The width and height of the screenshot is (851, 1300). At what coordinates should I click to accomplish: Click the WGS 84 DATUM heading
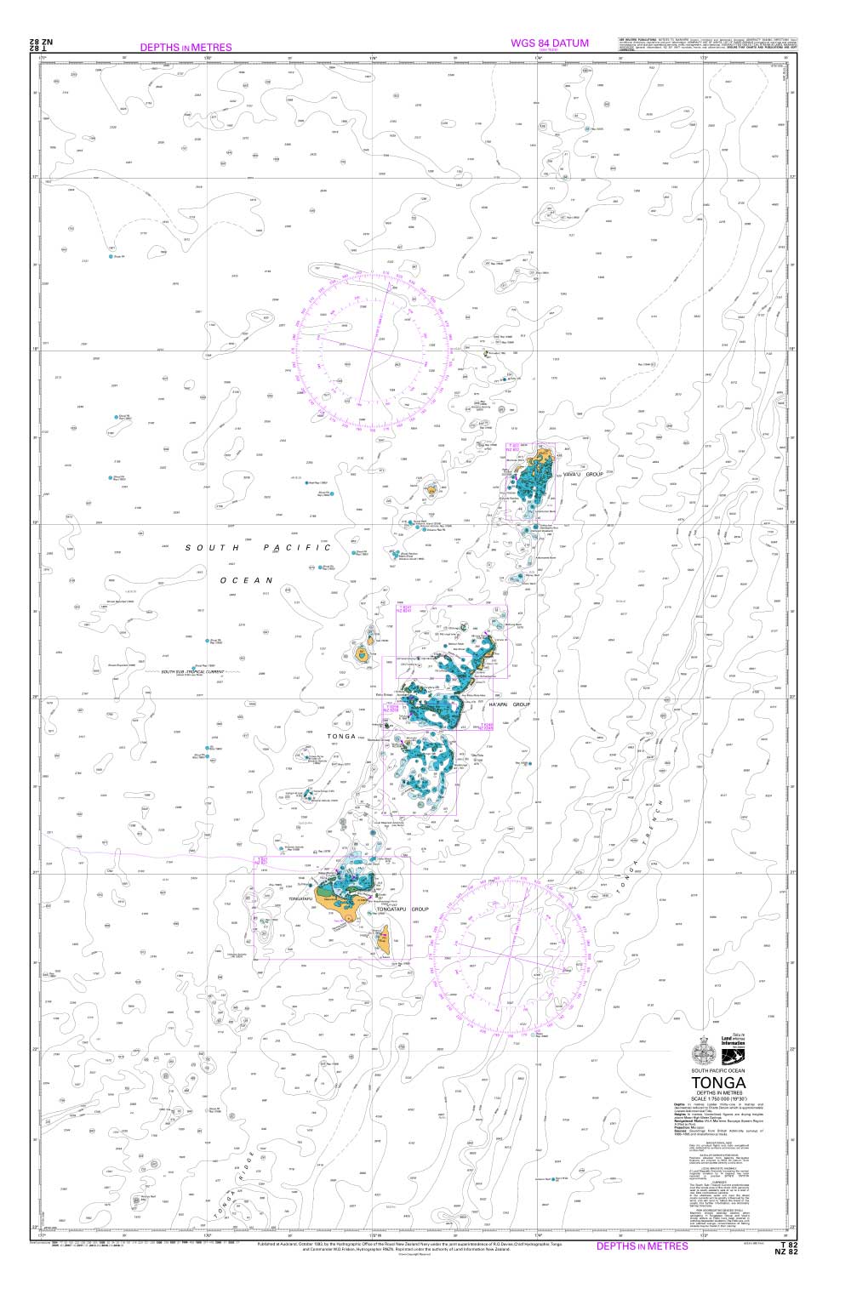(x=549, y=43)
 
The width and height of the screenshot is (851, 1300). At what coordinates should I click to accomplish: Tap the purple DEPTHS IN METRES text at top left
(x=186, y=48)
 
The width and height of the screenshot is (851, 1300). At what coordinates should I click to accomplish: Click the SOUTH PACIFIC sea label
(x=258, y=548)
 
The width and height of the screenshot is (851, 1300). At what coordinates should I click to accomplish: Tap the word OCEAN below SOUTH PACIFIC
(x=245, y=580)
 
